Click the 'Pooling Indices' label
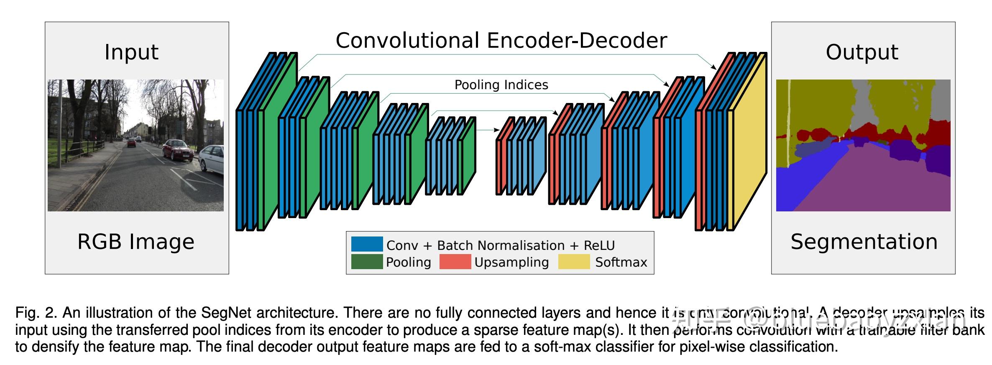(501, 85)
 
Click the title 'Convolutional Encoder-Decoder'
(501, 41)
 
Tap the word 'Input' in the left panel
(131, 52)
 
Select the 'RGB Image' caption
(136, 242)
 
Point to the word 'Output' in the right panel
(862, 52)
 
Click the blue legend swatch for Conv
(367, 244)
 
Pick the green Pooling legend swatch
(367, 262)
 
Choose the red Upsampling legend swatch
(455, 262)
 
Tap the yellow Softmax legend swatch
(574, 262)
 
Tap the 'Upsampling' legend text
(511, 262)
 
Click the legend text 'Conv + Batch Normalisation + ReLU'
(500, 245)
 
